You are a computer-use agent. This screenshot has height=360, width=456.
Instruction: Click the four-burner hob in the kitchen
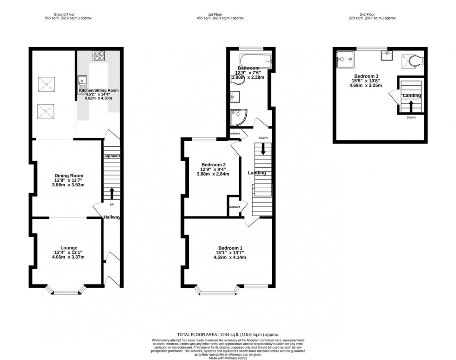tap(99, 55)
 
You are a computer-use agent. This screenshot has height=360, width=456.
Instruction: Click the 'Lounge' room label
tap(69, 247)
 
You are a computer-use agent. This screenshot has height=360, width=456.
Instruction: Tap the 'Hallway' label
tap(112, 217)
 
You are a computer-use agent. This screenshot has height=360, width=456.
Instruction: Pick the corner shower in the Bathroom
tap(238, 117)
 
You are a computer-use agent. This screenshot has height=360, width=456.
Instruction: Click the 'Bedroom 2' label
tap(214, 164)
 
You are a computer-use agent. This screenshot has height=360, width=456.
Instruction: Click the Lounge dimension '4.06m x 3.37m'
tap(69, 257)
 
